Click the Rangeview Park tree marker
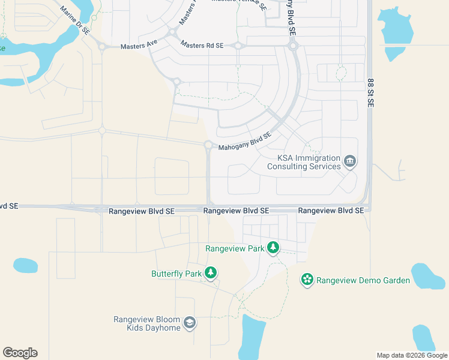coord(273,247)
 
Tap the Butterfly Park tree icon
coord(210,273)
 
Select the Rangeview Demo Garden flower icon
coord(307,280)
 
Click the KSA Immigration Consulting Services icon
coord(351,161)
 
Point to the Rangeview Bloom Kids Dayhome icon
coord(190,323)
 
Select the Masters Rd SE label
coord(202,46)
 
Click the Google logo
coord(20,353)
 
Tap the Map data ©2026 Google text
coord(411,355)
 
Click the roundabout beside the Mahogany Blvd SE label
coord(208,145)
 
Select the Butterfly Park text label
coord(176,274)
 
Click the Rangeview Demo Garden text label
coord(363,280)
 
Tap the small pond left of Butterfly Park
coord(25,265)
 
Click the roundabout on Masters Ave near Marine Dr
coord(102,46)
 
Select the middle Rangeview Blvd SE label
coord(236,211)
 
